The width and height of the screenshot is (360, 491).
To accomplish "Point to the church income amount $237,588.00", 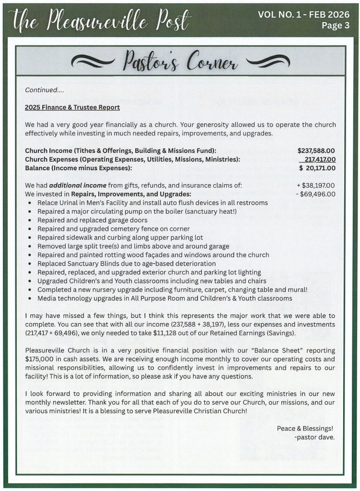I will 316,151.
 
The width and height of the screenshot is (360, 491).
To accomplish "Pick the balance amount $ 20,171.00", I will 317,168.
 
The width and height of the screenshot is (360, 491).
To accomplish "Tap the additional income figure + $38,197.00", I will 316,186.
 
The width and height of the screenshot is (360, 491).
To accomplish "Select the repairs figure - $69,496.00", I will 317,194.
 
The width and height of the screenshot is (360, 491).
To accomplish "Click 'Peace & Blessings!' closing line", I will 305,428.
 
